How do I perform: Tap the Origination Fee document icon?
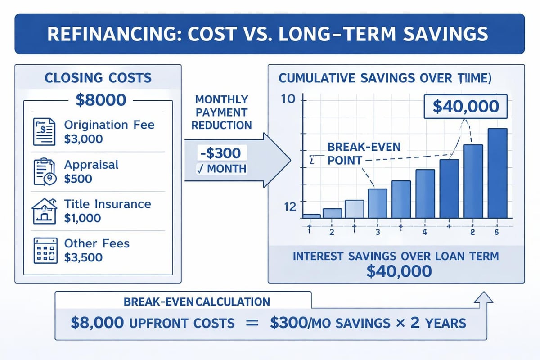point(45,131)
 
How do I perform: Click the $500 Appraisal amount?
point(78,179)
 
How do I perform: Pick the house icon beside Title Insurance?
point(45,211)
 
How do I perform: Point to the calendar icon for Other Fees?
point(45,250)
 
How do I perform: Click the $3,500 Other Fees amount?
point(83,258)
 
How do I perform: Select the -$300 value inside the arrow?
point(219,153)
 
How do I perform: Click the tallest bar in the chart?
point(498,173)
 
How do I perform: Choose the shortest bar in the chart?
point(311,216)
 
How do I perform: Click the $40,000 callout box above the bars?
point(465,106)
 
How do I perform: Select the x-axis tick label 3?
point(378,232)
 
